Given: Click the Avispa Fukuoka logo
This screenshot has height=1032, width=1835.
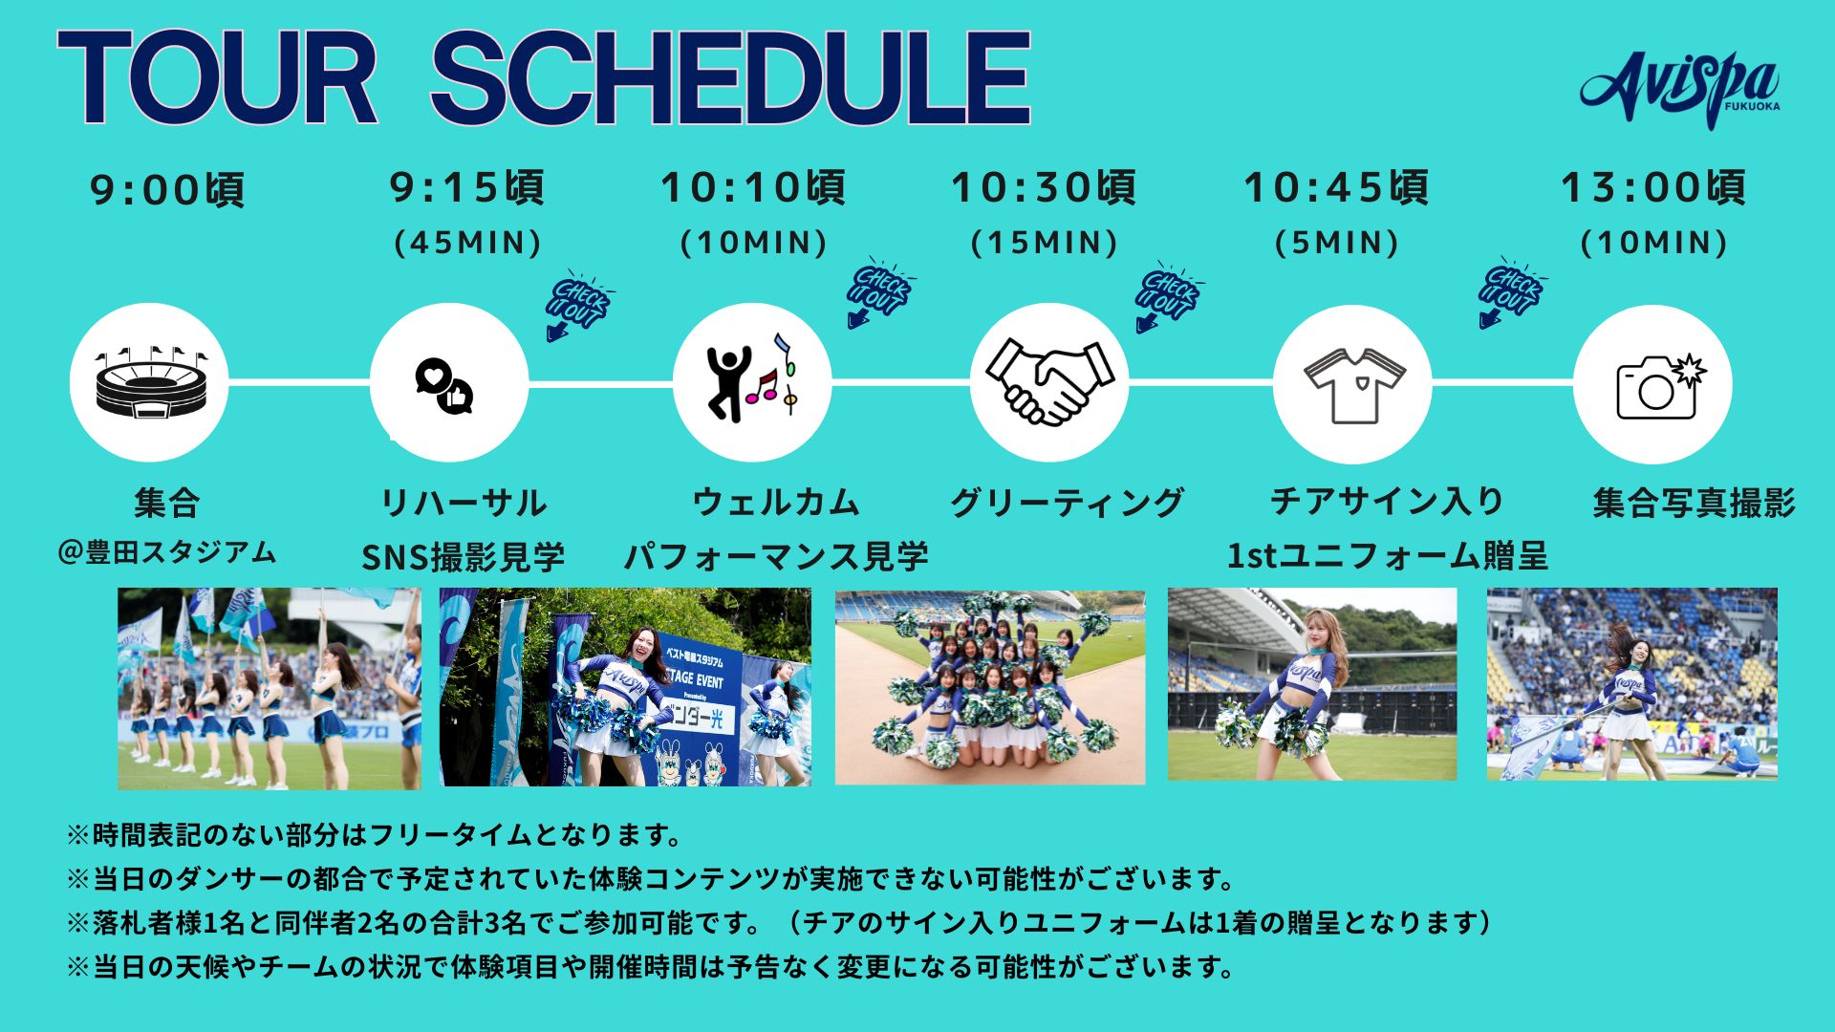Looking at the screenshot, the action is point(1680,89).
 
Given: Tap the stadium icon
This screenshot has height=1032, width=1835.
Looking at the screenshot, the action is point(149,383).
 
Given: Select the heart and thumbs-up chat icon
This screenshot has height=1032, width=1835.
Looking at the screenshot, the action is point(444,386).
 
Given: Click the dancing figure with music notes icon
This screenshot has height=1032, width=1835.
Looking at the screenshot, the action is point(752,377).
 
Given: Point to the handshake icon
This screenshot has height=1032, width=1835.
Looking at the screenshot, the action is point(1049,381).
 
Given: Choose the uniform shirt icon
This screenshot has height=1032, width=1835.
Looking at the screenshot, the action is point(1353,384).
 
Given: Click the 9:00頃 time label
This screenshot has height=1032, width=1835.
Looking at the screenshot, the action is point(167,189).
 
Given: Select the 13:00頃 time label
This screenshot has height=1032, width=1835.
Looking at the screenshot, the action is point(1653,187).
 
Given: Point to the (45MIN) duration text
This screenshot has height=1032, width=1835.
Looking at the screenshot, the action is point(468,242).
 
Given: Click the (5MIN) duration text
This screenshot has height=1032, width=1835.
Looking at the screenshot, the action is point(1337,242).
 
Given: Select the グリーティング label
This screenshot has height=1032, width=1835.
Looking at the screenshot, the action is point(1067,502).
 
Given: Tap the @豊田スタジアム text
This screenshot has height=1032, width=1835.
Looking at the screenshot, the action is point(167,552).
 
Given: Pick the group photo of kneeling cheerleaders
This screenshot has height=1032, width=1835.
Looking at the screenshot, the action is point(990,687).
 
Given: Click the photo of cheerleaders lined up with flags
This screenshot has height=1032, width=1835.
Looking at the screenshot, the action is point(269,688).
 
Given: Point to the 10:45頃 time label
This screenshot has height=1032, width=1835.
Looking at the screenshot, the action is point(1336,187).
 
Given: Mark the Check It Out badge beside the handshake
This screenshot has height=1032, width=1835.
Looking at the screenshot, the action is point(1168,295).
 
